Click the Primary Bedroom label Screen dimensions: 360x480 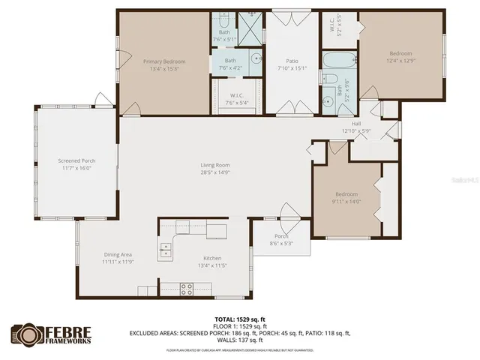click(164, 61)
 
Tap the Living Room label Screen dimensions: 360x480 click(214, 165)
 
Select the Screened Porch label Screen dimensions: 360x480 click(77, 160)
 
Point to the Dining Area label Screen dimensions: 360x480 click(118, 257)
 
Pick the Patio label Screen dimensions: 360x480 click(292, 61)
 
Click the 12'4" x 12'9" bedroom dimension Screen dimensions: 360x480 click(400, 61)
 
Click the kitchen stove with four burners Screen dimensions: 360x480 click(186, 288)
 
